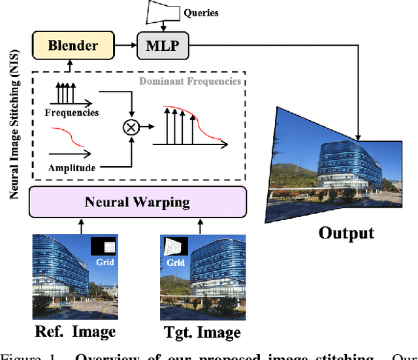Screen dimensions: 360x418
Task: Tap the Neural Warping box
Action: pyautogui.click(x=137, y=201)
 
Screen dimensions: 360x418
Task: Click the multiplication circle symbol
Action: pyautogui.click(x=132, y=128)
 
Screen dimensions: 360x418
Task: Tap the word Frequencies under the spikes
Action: pyautogui.click(x=72, y=112)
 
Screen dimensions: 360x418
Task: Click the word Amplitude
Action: pyautogui.click(x=72, y=168)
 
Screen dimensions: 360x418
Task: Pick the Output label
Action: pyautogui.click(x=346, y=234)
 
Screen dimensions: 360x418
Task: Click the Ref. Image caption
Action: pyautogui.click(x=74, y=332)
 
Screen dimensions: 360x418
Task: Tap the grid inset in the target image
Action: pyautogui.click(x=174, y=245)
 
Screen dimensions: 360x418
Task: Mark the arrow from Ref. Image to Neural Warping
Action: pyautogui.click(x=80, y=225)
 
